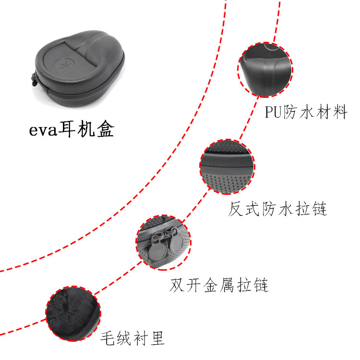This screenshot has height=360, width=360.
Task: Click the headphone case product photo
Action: [78, 69]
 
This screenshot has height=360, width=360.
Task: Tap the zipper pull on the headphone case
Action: [35, 79]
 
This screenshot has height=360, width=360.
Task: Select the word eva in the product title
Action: [43, 130]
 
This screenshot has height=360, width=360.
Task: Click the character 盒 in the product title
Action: [106, 129]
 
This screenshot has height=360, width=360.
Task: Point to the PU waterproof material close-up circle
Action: [265, 70]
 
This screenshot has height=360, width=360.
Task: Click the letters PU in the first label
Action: [273, 112]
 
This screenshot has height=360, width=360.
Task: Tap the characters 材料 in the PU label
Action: [331, 112]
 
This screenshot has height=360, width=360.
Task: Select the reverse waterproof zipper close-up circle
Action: [228, 167]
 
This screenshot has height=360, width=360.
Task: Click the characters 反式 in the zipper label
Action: [244, 209]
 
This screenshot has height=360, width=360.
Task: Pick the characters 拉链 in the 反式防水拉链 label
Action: [311, 209]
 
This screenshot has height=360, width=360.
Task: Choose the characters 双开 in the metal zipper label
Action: [185, 285]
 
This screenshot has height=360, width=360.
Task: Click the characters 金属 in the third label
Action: [218, 285]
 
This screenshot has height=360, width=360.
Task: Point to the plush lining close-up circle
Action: [73, 313]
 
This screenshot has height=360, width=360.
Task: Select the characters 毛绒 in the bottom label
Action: [116, 338]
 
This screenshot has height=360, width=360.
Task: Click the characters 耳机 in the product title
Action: [76, 129]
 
